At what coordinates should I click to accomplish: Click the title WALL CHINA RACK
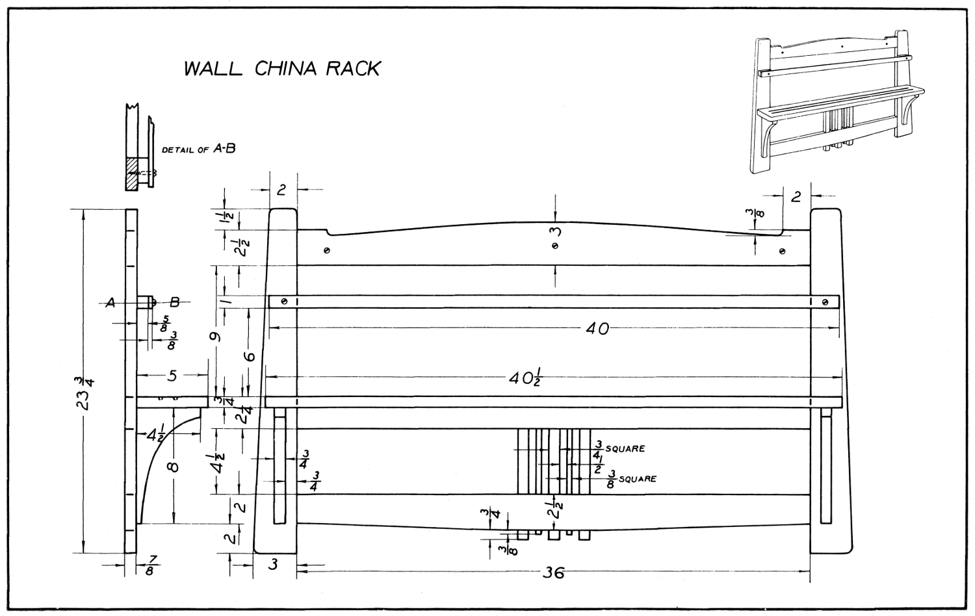click(x=281, y=69)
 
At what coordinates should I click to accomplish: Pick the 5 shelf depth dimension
click(x=172, y=375)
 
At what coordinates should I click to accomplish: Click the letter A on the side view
click(x=111, y=302)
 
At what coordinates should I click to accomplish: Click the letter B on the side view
click(x=174, y=302)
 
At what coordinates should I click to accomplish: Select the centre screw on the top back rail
click(x=554, y=246)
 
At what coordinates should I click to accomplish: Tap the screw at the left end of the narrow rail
click(x=284, y=302)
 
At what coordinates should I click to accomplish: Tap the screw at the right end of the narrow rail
click(x=825, y=302)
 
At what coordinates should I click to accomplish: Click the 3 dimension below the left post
click(x=274, y=565)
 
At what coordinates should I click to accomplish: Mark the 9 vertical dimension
click(x=216, y=337)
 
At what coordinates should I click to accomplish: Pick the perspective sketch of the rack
click(x=838, y=103)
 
